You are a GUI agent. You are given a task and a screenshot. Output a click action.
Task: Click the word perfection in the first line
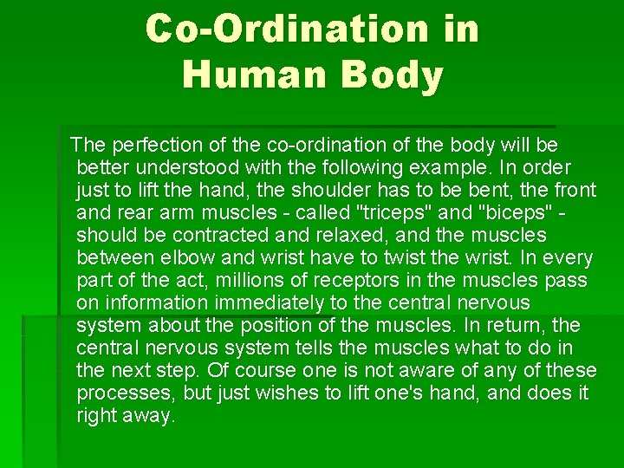[x=151, y=144]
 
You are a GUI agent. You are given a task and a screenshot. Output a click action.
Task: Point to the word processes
[x=120, y=393]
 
